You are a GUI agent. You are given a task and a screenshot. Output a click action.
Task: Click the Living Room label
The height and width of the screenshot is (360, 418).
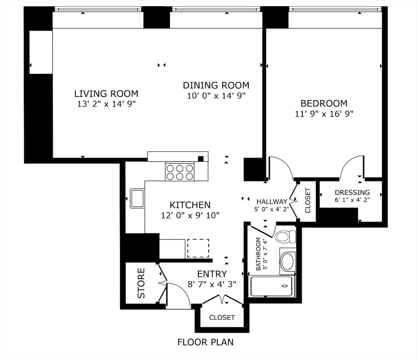click(x=106, y=94)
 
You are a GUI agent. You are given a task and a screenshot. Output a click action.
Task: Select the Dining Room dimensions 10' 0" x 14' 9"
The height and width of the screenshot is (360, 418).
click(x=216, y=96)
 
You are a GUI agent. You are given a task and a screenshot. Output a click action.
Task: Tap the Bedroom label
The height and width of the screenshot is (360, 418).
click(x=324, y=104)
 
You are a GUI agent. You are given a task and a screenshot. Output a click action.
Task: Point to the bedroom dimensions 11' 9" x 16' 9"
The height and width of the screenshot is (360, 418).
click(x=324, y=113)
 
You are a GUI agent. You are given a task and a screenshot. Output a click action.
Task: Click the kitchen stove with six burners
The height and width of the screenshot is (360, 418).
click(x=179, y=172)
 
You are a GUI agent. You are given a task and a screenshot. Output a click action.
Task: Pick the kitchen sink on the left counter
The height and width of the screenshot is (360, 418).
click(x=137, y=198)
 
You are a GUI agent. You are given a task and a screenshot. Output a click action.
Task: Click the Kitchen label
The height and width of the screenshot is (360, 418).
click(x=190, y=205)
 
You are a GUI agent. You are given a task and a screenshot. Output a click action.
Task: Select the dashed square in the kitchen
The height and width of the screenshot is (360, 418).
click(x=198, y=248)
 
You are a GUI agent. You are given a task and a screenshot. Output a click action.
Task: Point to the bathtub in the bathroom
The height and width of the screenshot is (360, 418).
click(x=272, y=286)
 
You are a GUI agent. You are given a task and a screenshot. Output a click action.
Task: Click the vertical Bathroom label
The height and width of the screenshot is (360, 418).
click(x=258, y=254)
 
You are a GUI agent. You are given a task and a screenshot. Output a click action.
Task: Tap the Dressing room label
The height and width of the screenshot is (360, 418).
click(x=352, y=192)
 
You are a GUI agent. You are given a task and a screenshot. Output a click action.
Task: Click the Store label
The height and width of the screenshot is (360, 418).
click(x=142, y=283)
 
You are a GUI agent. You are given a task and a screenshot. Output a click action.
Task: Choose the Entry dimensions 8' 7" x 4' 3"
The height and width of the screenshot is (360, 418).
click(x=211, y=284)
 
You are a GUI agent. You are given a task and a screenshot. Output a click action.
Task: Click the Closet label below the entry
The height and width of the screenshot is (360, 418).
click(x=222, y=317)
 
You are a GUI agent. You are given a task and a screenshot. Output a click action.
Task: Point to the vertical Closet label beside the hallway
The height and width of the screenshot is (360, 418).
click(x=308, y=201)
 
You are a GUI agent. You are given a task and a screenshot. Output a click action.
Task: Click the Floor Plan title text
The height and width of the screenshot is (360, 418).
click(x=205, y=342)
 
